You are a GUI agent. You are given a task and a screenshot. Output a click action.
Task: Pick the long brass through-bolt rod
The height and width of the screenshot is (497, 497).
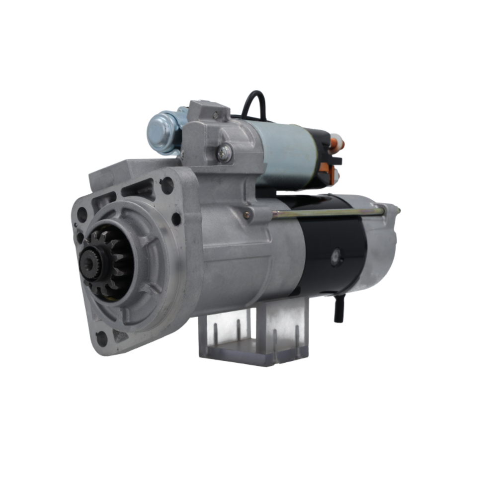tap(328, 213)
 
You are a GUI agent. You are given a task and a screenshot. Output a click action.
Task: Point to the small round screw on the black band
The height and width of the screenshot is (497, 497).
tap(336, 255)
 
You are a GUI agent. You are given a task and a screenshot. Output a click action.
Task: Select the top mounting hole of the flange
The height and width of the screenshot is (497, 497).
tap(167, 185)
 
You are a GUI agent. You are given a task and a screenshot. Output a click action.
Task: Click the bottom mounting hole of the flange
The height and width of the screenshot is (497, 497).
tap(102, 338)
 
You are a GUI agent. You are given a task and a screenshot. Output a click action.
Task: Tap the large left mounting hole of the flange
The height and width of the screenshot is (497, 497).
tap(82, 215)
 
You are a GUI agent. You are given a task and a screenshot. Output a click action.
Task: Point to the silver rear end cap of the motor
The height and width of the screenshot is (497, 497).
tap(380, 248)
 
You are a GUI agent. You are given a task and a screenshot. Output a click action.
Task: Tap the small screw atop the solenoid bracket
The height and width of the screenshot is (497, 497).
tap(215, 115)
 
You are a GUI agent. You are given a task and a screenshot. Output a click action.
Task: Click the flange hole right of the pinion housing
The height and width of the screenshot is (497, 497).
tap(176, 218)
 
